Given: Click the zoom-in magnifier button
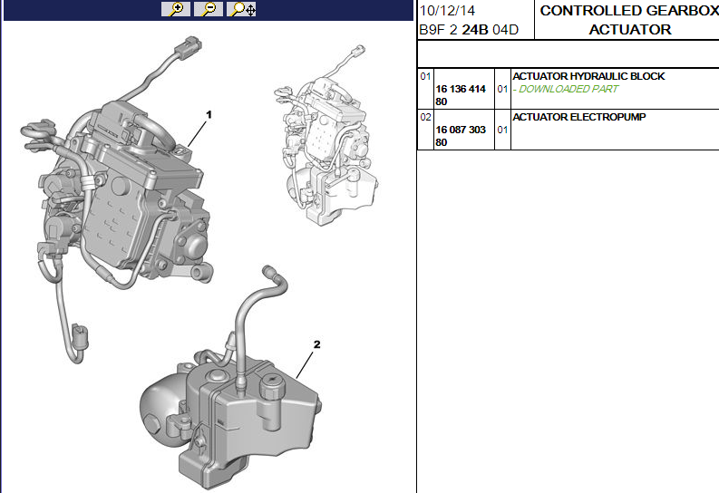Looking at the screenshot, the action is tap(176, 9).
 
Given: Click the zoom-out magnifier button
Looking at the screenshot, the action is tap(209, 9).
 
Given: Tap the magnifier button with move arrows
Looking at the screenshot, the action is tap(242, 9).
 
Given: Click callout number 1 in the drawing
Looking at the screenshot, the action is tap(209, 114).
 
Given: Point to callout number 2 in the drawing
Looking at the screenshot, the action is tap(316, 344).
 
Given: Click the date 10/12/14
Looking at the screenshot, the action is tap(448, 11).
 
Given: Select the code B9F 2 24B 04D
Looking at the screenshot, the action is tap(469, 30).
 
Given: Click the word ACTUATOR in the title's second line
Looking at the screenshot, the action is tap(630, 30).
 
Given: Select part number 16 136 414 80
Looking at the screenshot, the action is tap(461, 95).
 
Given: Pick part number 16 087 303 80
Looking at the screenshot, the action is tap(461, 136).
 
